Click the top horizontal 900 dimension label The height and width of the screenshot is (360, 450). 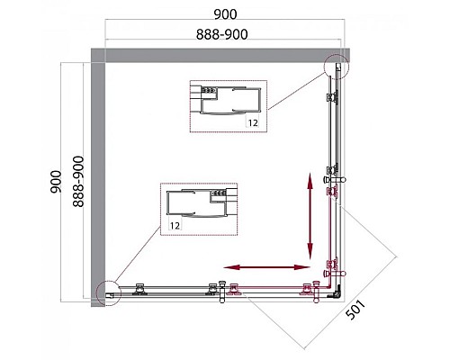pyautogui.click(x=225, y=14)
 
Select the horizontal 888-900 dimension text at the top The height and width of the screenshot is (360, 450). pyautogui.click(x=222, y=34)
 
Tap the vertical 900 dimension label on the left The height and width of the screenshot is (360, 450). pyautogui.click(x=56, y=182)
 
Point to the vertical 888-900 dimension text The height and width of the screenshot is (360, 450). pyautogui.click(x=78, y=182)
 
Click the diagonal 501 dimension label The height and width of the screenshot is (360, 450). pyautogui.click(x=355, y=310)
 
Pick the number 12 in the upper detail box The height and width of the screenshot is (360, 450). pyautogui.click(x=253, y=122)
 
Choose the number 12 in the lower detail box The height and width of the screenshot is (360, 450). pyautogui.click(x=175, y=225)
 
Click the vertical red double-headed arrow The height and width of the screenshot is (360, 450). pyautogui.click(x=310, y=216)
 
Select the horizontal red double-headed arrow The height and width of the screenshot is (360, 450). pyautogui.click(x=267, y=267)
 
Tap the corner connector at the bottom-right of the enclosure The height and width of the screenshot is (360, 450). pyautogui.click(x=337, y=292)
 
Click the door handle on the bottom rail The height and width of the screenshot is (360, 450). pyautogui.click(x=222, y=292)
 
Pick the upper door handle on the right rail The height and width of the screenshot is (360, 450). pyautogui.click(x=334, y=179)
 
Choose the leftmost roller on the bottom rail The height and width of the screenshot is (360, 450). pyautogui.click(x=139, y=289)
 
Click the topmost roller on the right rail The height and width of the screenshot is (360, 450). pyautogui.click(x=332, y=98)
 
